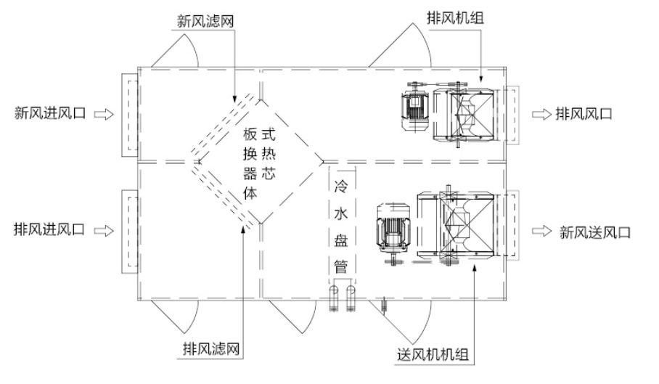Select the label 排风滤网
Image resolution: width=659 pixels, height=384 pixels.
pos(210,349)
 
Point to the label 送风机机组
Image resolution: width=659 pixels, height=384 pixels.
pos(433,354)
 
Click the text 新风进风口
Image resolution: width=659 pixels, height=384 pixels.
pos(50,113)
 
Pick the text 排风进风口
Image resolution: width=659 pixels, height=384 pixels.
pos(50,229)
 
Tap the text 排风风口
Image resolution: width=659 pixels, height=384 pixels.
pos(585,113)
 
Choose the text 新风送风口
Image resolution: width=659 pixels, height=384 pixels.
pos(595,232)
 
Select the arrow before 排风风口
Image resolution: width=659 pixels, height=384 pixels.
pos(541,114)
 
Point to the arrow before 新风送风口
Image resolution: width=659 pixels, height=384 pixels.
pos(541,232)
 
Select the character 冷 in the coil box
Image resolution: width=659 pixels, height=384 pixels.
pos(340,185)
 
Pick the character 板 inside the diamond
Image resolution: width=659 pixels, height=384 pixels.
pos(250,135)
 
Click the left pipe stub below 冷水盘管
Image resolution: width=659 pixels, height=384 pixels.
pos(334,298)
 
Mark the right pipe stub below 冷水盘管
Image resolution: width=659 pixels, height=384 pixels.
pos(351,298)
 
